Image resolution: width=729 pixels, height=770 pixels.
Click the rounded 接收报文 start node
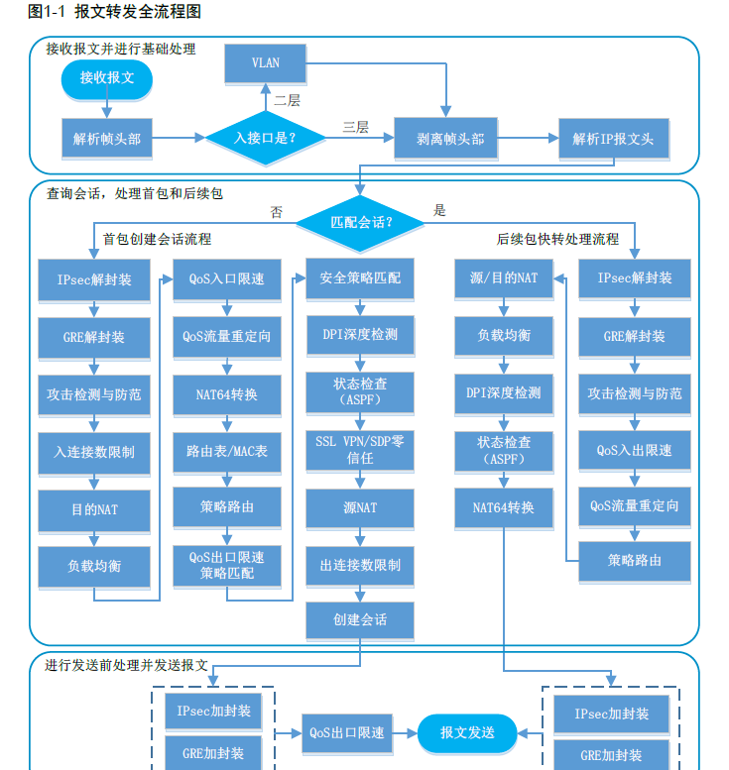[107, 78]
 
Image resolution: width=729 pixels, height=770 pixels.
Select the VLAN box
[265, 63]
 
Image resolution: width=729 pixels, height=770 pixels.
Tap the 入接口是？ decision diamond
[265, 139]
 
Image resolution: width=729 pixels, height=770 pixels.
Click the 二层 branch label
[287, 100]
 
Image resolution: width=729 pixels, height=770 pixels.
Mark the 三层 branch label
[355, 127]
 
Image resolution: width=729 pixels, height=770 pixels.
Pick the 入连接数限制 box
[94, 452]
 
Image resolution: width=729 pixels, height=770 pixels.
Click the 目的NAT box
[94, 509]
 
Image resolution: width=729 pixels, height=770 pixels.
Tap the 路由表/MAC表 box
[227, 451]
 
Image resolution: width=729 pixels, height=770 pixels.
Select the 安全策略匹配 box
[360, 279]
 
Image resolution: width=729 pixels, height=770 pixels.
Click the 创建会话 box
[360, 620]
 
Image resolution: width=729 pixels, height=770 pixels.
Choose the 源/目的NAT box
[504, 278]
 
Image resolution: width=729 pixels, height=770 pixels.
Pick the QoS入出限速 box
[635, 450]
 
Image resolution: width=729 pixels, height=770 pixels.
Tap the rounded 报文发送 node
[467, 733]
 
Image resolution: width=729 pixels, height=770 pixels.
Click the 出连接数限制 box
[360, 565]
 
